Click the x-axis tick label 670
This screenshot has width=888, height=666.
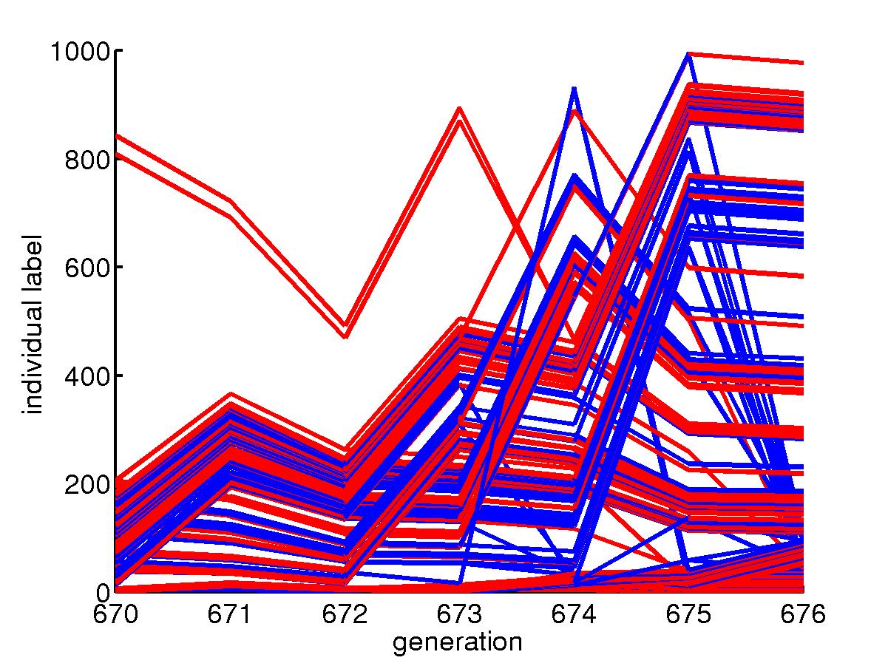click(117, 616)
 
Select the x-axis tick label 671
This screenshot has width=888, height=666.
click(231, 616)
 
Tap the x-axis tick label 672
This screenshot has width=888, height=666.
click(345, 616)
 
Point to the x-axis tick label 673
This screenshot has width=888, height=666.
click(460, 616)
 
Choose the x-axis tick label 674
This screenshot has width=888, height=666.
click(575, 616)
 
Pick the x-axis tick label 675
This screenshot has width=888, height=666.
click(688, 616)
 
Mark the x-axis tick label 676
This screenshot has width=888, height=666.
click(801, 616)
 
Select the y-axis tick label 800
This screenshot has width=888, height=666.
click(87, 160)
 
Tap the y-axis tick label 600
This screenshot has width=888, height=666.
click(87, 268)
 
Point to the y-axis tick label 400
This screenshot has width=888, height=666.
click(87, 376)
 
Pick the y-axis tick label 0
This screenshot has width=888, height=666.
click(102, 592)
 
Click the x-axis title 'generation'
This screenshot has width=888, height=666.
click(457, 642)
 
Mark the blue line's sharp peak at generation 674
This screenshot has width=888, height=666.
click(575, 88)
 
